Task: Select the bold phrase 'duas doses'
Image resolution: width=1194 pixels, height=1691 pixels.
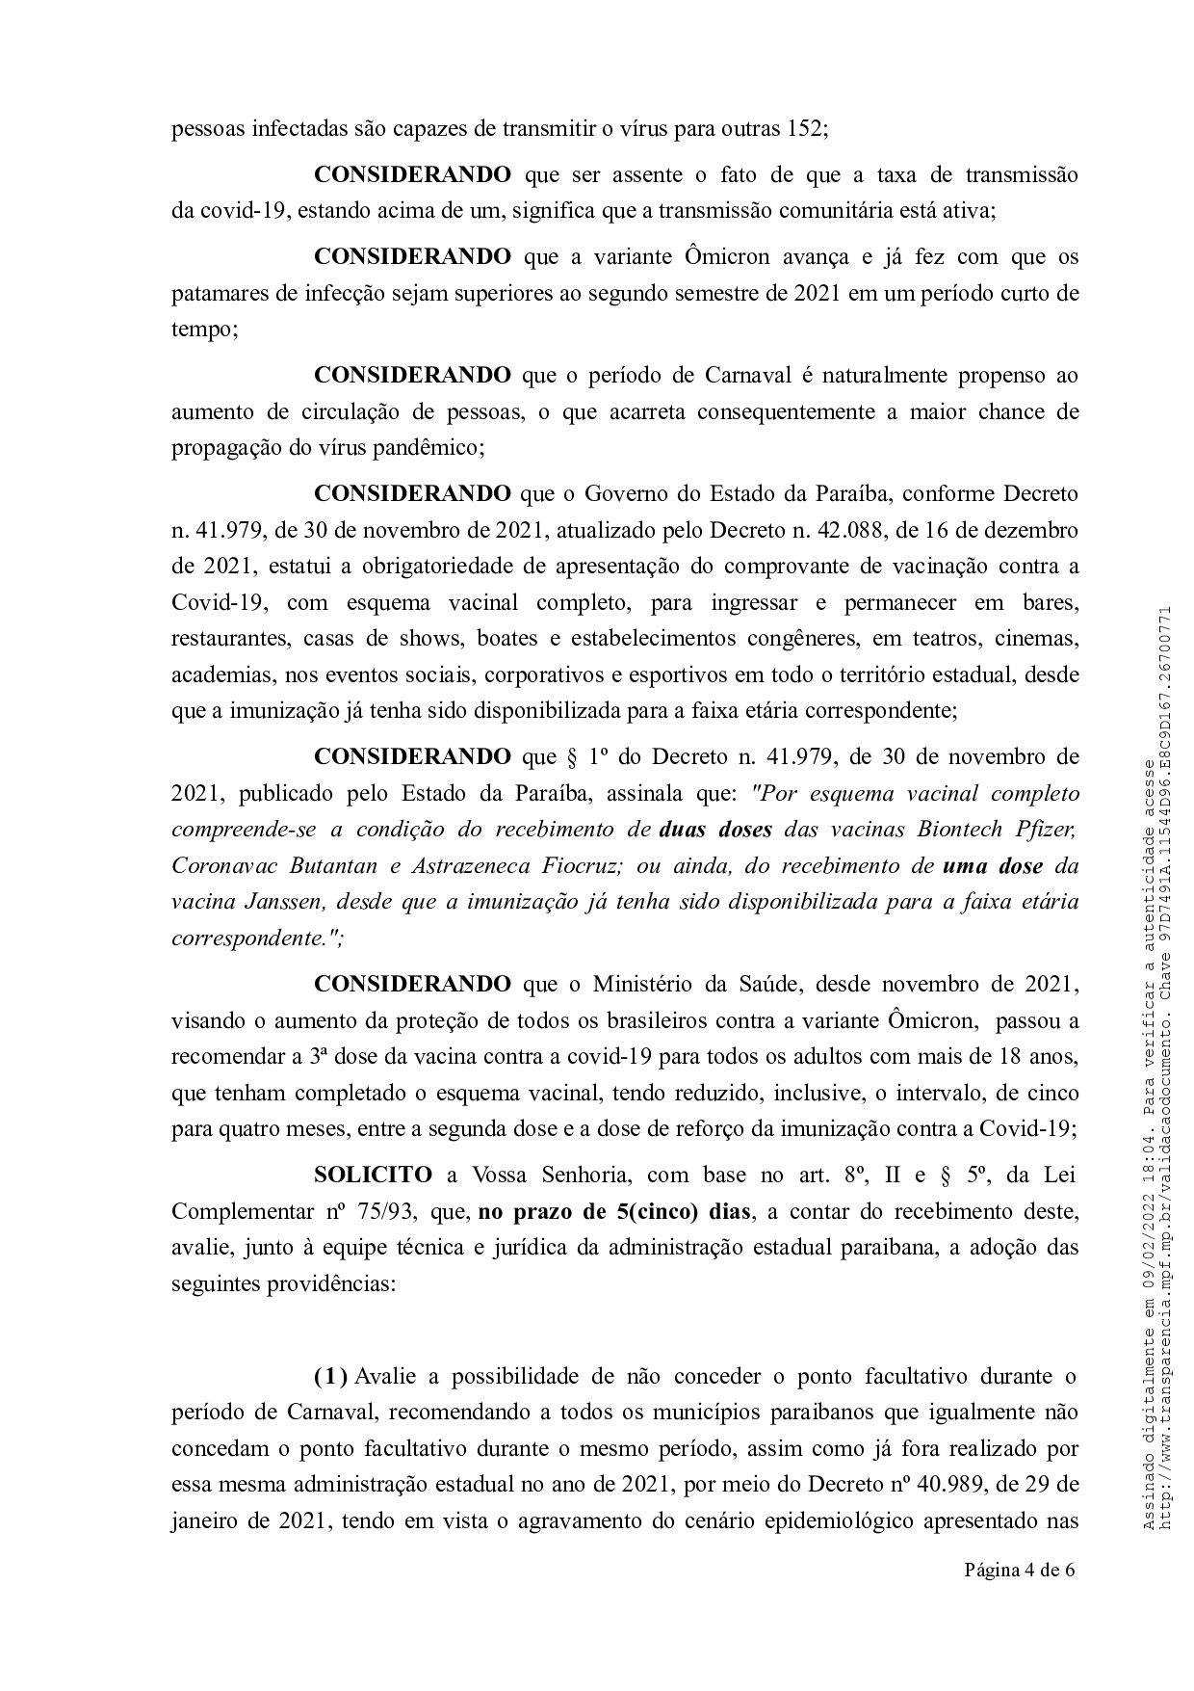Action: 718,829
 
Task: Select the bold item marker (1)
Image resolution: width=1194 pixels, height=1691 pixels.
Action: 329,1375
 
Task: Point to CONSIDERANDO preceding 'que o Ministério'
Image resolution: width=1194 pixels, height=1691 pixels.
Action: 412,984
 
